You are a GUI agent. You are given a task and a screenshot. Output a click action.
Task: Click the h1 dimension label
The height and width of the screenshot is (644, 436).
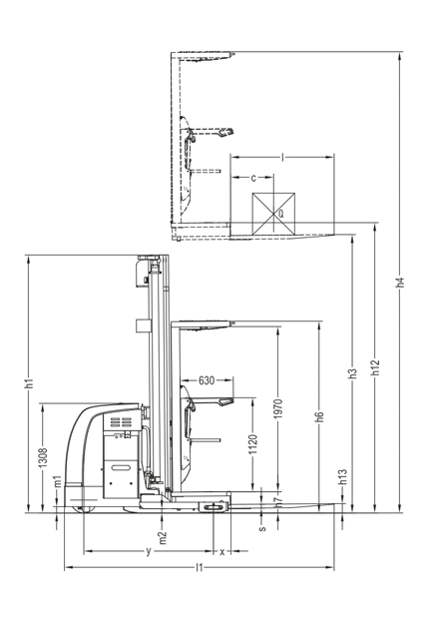click(29, 383)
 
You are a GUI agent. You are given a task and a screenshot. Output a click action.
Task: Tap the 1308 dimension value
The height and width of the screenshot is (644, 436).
click(43, 457)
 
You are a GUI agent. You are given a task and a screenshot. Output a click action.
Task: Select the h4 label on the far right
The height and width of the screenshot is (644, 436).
click(400, 283)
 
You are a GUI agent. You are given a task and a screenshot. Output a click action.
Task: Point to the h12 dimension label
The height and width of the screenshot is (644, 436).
click(375, 367)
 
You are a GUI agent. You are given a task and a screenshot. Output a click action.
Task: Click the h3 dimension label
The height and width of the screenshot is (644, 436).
click(352, 373)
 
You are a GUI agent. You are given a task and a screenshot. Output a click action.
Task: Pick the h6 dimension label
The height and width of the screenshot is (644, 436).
click(320, 416)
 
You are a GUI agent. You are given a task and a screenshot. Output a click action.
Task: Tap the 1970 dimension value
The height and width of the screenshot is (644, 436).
click(278, 408)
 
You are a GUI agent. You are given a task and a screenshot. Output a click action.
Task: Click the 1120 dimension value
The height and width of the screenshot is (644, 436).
click(253, 444)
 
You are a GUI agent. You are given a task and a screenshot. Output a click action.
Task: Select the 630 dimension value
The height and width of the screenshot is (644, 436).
click(207, 380)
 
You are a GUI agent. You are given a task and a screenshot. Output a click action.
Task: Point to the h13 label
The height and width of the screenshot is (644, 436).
click(343, 477)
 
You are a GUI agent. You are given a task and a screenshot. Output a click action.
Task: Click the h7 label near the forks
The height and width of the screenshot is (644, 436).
click(278, 501)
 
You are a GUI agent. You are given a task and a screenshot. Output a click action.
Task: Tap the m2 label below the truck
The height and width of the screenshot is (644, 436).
click(163, 537)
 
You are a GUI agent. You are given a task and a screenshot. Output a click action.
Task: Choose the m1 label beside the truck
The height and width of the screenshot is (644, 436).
click(58, 481)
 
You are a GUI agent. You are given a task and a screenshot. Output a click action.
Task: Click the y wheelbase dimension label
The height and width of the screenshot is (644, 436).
click(149, 551)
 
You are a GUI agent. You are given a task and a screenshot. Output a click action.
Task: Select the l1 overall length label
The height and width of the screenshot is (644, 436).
click(200, 567)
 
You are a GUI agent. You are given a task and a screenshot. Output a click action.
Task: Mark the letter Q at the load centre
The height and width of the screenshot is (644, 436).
click(281, 214)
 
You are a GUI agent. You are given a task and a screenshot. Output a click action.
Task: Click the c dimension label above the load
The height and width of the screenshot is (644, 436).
click(253, 178)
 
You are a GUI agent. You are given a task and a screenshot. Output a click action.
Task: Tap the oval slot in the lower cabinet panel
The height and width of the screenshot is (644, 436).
click(121, 468)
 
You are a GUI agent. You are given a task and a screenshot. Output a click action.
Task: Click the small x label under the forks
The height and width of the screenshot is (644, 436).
click(222, 552)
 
